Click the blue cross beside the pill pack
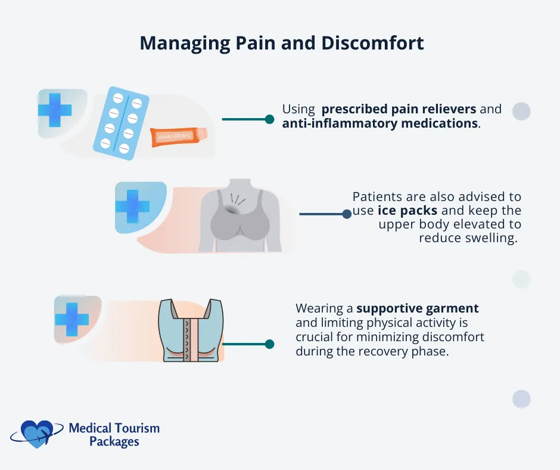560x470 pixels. tap(55, 110)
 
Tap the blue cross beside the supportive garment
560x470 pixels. tap(72, 319)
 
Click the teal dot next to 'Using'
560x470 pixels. tap(269, 119)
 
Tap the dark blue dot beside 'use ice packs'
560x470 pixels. tap(347, 214)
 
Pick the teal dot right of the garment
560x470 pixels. tap(269, 344)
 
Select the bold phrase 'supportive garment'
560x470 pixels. tap(418, 309)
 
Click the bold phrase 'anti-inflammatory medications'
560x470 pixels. tap(380, 123)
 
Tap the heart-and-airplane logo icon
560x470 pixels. tap(37, 434)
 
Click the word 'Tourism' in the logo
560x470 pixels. tap(138, 428)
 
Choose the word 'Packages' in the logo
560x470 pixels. tap(114, 442)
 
